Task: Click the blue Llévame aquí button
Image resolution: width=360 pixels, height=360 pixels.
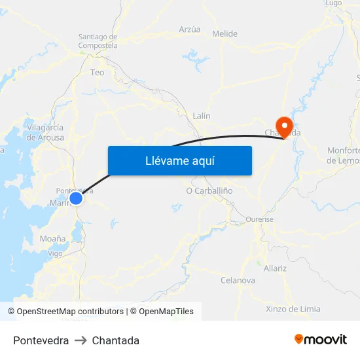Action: coord(179,160)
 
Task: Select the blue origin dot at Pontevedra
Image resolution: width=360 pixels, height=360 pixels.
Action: coord(76,197)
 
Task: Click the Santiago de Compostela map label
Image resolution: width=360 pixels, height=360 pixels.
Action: coord(98,41)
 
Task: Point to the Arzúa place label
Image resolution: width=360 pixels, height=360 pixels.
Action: coord(190,29)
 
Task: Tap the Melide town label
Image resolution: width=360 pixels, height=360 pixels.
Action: coord(225,33)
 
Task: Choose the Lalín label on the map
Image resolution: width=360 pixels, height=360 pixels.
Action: coord(202,116)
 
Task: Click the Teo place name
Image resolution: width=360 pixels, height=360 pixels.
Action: coord(98,73)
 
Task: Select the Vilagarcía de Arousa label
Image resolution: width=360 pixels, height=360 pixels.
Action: coord(45,132)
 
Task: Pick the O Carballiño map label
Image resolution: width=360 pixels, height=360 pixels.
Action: coord(209,190)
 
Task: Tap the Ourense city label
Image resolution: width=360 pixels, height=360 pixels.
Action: coord(260,219)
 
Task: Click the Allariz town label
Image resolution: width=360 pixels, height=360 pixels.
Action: coord(275,268)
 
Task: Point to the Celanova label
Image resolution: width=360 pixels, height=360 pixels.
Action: coord(238,280)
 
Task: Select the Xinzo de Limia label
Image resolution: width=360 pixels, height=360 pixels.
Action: coord(293,309)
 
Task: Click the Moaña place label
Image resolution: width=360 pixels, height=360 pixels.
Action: coord(52,239)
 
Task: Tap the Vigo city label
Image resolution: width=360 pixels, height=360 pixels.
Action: coord(56,253)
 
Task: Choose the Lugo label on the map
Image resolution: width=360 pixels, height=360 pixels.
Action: coord(334,3)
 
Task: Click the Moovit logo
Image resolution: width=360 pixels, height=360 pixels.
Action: coord(321,340)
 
